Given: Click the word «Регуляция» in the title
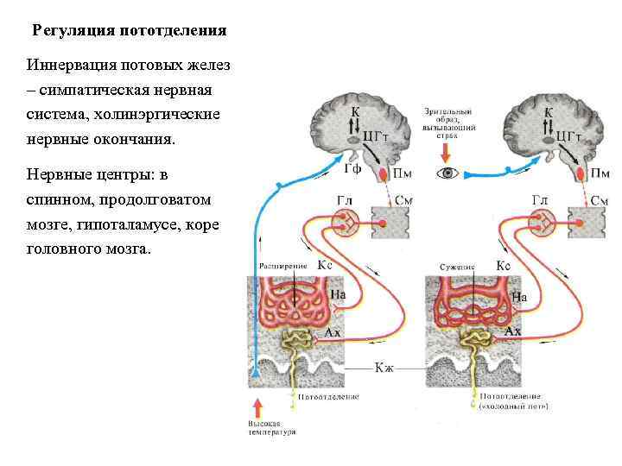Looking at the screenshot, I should pyautogui.click(x=67, y=31).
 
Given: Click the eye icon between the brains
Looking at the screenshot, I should pyautogui.click(x=447, y=173).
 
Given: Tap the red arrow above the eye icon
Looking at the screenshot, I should pyautogui.click(x=446, y=151).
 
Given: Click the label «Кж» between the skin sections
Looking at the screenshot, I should pyautogui.click(x=384, y=368).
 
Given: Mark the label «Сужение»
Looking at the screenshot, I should pyautogui.click(x=457, y=268).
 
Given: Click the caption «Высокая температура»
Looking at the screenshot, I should pyautogui.click(x=271, y=428).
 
